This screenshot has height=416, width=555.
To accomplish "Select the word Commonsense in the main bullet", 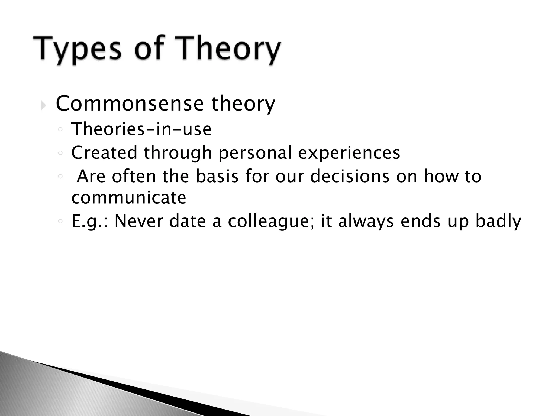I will tap(130, 103).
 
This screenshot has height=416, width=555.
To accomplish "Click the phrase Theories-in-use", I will tap(141, 129).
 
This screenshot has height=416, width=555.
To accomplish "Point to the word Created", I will tap(104, 152).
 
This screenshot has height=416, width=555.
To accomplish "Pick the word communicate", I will tap(129, 197).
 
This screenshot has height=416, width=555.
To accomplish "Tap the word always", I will tap(366, 222).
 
